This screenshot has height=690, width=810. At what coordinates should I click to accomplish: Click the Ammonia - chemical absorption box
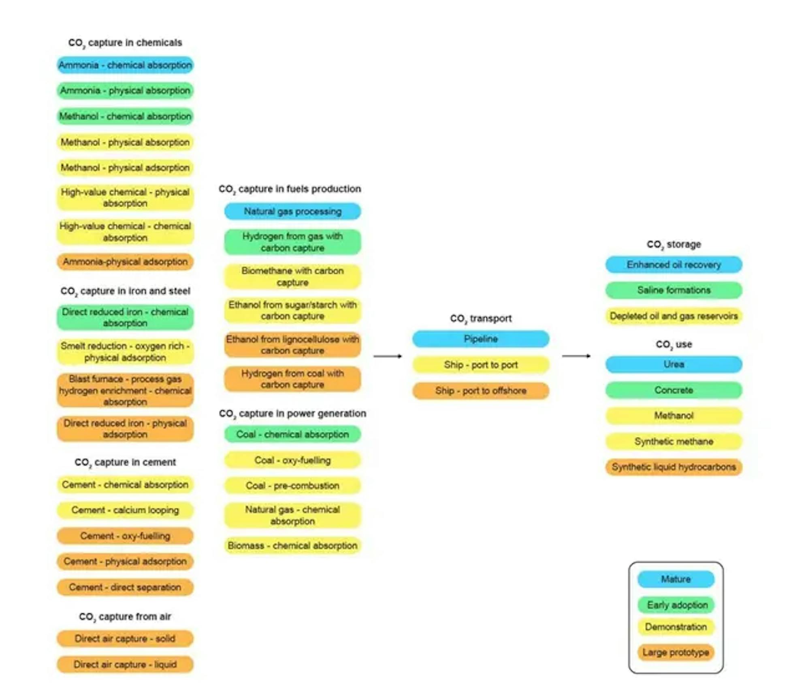tap(125, 65)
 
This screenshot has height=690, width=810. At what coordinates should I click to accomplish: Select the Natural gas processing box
tap(292, 211)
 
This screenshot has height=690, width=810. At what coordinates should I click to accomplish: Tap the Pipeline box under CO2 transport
tap(481, 339)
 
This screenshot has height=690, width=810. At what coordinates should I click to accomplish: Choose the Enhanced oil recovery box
tap(674, 265)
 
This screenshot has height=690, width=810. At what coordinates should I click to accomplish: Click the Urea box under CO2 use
tap(674, 364)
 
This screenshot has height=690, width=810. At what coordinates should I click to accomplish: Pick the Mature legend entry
tap(676, 579)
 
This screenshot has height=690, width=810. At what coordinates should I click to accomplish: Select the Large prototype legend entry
tap(676, 652)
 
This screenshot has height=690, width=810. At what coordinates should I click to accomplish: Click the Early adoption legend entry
tap(676, 605)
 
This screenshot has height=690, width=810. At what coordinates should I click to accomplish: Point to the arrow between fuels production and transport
tap(388, 356)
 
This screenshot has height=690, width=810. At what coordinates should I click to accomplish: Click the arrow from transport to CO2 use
tap(576, 356)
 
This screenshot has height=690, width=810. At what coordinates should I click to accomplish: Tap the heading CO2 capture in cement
tap(125, 463)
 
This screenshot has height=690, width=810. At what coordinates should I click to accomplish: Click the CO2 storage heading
tap(674, 245)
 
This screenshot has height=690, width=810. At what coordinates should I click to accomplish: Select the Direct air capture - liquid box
tap(125, 665)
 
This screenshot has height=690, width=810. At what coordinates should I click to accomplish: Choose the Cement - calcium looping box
tap(125, 510)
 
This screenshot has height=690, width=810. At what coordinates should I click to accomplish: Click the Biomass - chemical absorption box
tap(292, 546)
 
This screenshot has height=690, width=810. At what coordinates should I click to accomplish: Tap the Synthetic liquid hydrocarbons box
tap(674, 467)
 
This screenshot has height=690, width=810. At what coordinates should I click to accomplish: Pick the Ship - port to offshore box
tap(481, 391)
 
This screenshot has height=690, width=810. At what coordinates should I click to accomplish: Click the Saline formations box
tap(674, 290)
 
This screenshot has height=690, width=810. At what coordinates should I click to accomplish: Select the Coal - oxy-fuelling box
tap(292, 460)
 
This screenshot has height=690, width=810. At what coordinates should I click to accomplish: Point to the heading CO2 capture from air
tap(125, 617)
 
